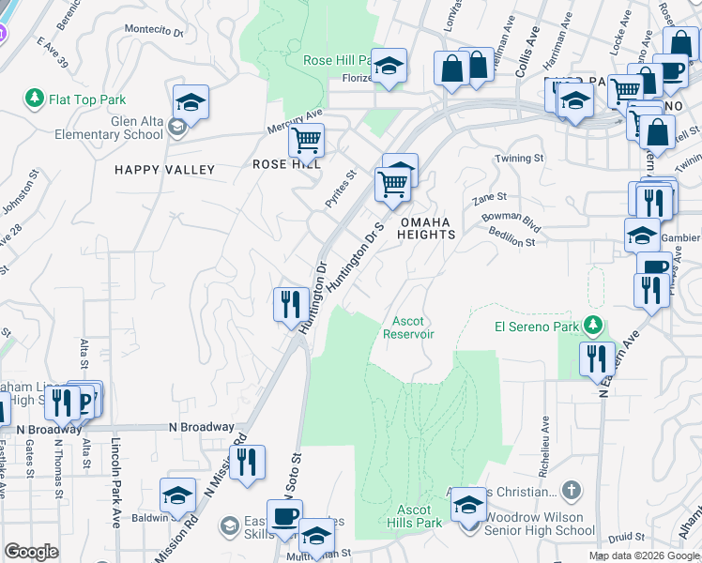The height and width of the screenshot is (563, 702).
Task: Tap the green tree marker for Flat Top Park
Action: tap(35, 98)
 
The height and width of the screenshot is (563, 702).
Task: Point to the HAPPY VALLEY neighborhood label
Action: tap(165, 170)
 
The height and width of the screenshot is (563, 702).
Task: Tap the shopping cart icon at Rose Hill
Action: tap(306, 141)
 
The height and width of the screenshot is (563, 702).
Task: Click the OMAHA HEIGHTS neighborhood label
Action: tap(427, 228)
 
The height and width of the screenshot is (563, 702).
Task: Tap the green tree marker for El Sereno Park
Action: tap(592, 326)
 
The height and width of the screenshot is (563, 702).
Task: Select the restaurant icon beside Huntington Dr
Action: tap(291, 304)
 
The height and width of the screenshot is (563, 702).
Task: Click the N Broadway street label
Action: tap(202, 427)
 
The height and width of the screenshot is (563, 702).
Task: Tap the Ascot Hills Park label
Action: tap(415, 516)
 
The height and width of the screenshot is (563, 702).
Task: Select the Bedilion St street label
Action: tap(511, 241)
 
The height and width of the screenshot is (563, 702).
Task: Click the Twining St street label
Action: tap(520, 160)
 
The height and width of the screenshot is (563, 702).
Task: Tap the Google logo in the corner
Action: tap(31, 552)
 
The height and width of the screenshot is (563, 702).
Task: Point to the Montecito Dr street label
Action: tap(154, 31)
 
